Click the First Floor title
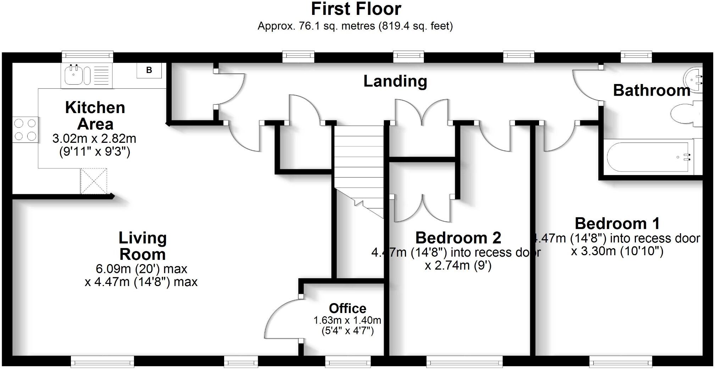coord(356,9)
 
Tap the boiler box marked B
coord(149,70)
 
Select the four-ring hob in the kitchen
coord(25,129)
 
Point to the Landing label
coord(395,81)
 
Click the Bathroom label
coord(651,90)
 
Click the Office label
coord(347,308)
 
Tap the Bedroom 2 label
coord(458,238)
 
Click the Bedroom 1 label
coord(617,224)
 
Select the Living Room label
coord(143,246)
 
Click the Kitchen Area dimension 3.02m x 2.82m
coord(94,139)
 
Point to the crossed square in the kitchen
coord(94,181)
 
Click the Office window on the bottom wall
coord(348,362)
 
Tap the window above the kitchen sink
coord(87,55)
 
